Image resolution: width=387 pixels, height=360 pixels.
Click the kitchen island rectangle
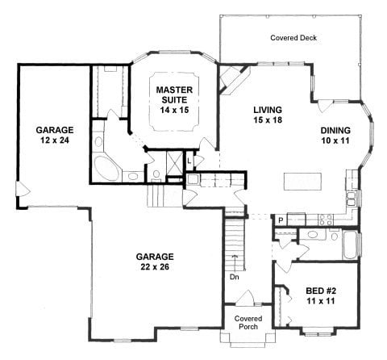click(304, 178)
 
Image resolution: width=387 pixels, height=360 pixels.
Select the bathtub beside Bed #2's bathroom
click(350, 245)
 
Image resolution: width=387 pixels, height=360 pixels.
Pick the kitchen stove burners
click(327, 218)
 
